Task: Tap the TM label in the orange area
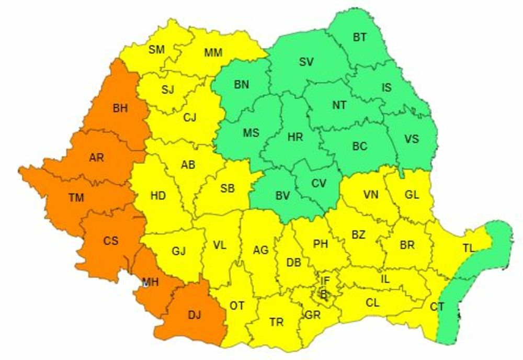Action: point(76,197)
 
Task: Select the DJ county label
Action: point(194,315)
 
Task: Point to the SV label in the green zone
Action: point(306,62)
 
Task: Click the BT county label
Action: point(359,37)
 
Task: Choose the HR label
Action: point(295,137)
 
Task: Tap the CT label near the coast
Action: point(437,307)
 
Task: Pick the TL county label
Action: point(468,248)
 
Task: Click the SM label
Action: point(156,50)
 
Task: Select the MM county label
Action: point(213,52)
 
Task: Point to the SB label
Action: point(227,189)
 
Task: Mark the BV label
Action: point(282,195)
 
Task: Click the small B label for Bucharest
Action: point(323,295)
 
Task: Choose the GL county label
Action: point(412,195)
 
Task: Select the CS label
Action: point(110,241)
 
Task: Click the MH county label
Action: point(151,283)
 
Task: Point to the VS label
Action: point(412,139)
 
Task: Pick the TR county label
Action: point(277,322)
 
